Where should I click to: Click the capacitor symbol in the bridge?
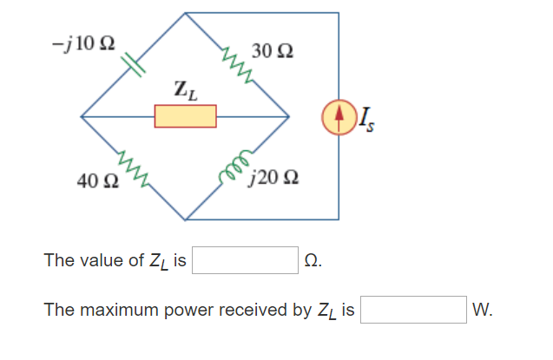click(x=133, y=63)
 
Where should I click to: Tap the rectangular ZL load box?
click(x=185, y=115)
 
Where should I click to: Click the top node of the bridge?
click(x=185, y=13)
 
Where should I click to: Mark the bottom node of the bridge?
click(x=185, y=218)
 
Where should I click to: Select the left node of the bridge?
click(x=82, y=115)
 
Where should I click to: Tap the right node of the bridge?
click(x=288, y=115)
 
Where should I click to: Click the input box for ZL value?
click(x=246, y=260)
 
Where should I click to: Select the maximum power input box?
click(x=414, y=310)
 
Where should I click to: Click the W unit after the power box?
click(x=483, y=310)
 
